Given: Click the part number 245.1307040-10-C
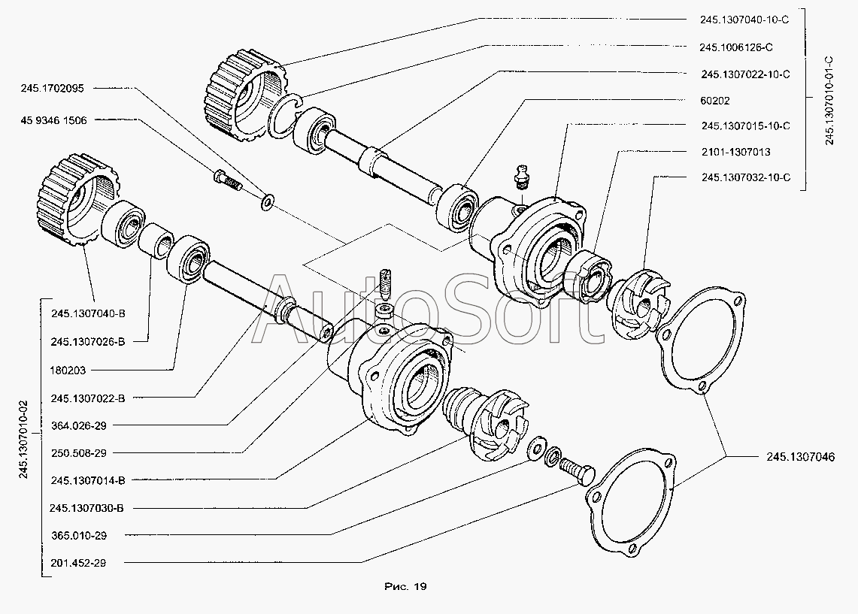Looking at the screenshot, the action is point(744,20).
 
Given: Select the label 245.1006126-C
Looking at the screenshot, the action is point(736,47).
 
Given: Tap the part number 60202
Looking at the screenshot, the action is point(714,101).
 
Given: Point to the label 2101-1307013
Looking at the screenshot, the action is point(736,152).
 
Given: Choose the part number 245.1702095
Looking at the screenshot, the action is point(53,88).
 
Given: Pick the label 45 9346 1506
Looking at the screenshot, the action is point(53,120).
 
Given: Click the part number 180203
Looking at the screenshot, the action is point(68,371).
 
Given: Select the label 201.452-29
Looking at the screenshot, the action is point(78,563).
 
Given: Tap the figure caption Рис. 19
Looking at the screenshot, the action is point(405,587).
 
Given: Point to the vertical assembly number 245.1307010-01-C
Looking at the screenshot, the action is point(829,100).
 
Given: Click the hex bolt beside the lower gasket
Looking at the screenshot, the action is point(577,470).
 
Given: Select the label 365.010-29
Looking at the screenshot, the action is point(79,535).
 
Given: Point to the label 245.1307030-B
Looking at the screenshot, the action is point(86,508).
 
